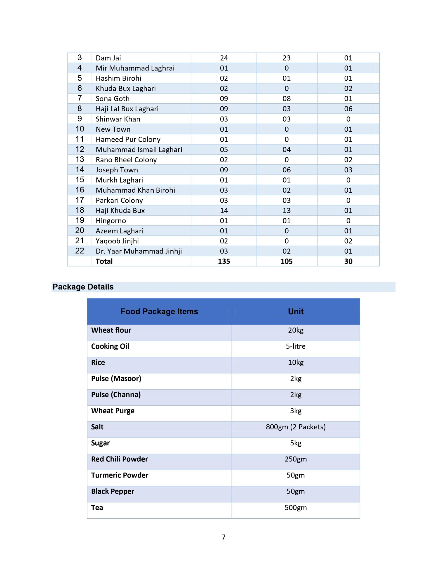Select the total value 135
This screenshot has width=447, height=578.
tap(224, 261)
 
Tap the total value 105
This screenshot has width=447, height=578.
tap(286, 261)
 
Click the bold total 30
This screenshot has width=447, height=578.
tap(348, 261)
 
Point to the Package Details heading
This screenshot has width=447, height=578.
tap(83, 287)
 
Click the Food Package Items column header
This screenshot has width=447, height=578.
tap(159, 312)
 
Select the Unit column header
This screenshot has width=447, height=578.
tap(296, 312)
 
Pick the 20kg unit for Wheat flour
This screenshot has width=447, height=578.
tap(296, 330)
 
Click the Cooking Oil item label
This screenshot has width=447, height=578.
tap(110, 346)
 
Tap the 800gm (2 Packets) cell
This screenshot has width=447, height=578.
tap(296, 427)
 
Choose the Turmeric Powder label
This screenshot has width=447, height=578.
tap(120, 475)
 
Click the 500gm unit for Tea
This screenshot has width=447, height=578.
tap(296, 508)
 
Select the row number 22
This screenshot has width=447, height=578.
tap(80, 251)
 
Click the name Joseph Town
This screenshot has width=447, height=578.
tap(117, 170)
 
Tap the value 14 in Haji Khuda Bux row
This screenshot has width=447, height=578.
tap(224, 211)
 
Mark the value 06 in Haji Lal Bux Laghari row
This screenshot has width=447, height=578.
tap(348, 109)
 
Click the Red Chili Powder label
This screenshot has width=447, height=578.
tap(120, 459)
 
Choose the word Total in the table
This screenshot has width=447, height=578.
tap(104, 261)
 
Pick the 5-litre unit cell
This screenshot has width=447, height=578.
tap(296, 346)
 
